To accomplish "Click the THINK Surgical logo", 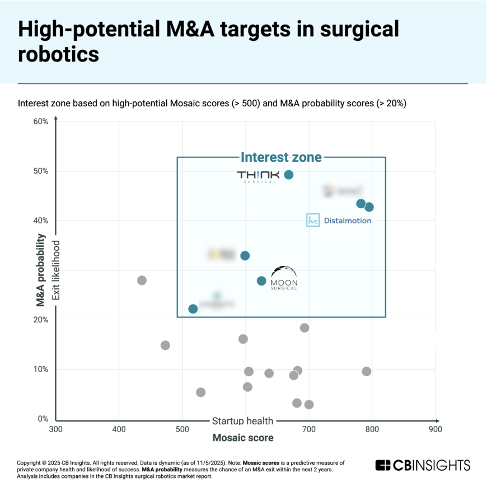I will tap(257, 176).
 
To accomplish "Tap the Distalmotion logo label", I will tap(339, 221).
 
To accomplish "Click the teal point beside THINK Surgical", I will tap(289, 175).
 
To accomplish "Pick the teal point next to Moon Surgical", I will tap(261, 280).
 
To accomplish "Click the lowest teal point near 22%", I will tap(193, 309).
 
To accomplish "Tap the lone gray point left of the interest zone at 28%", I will tap(142, 280).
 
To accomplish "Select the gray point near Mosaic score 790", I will tap(367, 371).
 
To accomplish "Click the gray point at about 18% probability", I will tap(305, 327).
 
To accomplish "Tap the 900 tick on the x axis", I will tap(435, 429).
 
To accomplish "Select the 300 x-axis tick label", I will tap(55, 429).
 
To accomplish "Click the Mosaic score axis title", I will tap(243, 438).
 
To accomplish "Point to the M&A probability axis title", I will tap(41, 270).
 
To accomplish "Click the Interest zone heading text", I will tap(281, 157).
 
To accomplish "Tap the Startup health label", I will tap(243, 421).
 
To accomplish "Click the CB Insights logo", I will tap(423, 465).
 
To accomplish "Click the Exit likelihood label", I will tap(55, 270).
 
